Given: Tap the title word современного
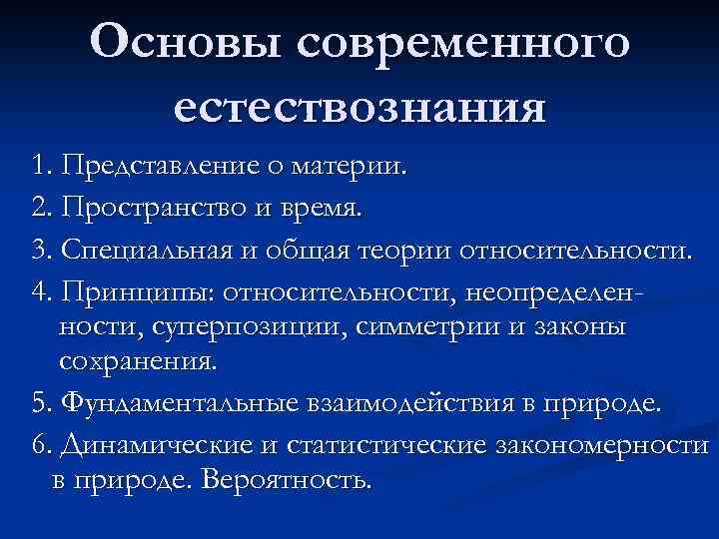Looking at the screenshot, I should pyautogui.click(x=461, y=45).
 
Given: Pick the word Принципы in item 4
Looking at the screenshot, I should pyautogui.click(x=138, y=290).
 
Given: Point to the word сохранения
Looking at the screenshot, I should pyautogui.click(x=138, y=360).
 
